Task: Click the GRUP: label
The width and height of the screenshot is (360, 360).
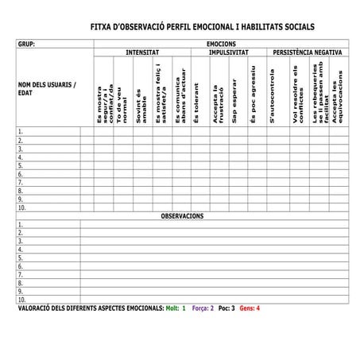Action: coord(26,44)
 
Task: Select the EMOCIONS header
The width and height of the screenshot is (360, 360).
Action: coord(221,44)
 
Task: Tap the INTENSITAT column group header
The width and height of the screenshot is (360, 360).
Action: coord(142,52)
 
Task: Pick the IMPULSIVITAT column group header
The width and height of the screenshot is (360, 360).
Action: coord(229,52)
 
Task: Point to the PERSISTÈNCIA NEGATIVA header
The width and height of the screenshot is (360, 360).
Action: coord(308,52)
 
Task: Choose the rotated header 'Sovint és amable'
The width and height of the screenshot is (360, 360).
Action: coord(140,104)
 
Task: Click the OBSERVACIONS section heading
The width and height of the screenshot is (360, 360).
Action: coord(182,216)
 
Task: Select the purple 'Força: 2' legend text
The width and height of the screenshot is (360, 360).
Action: coord(203,308)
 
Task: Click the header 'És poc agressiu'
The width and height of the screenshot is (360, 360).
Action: coord(254,102)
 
